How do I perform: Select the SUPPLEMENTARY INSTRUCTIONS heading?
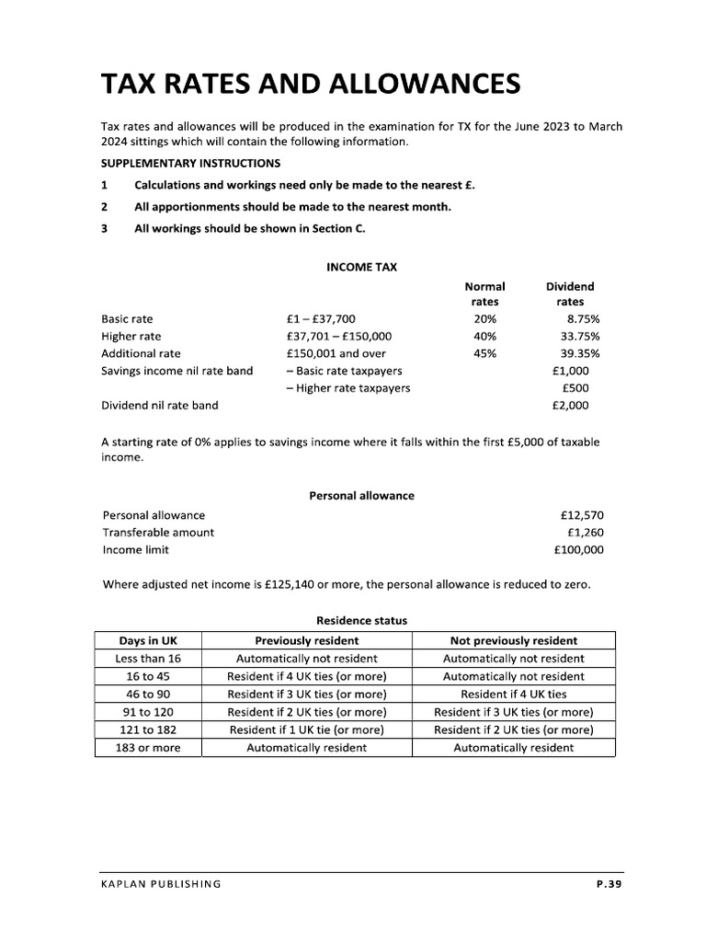190,163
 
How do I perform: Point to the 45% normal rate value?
484,353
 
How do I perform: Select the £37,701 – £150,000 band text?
338,337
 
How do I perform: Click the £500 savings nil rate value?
575,388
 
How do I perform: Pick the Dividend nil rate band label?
160,405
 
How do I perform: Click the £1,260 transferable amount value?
585,533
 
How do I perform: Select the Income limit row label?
136,550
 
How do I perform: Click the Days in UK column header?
149,640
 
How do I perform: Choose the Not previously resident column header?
513,640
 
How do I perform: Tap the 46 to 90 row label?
149,695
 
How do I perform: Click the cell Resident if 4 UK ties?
513,695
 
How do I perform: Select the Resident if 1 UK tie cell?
306,729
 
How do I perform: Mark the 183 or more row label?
149,748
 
